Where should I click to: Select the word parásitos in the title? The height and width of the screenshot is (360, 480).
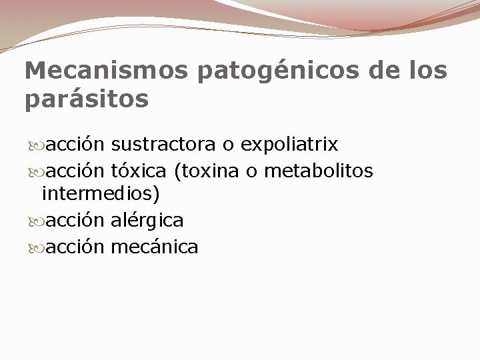[x=87, y=100]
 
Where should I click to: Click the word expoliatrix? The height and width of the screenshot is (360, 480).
[x=289, y=145]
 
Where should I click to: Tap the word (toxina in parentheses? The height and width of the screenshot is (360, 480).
[x=207, y=172]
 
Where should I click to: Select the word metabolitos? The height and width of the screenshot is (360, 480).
[x=319, y=171]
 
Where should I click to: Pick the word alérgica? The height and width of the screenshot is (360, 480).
[x=147, y=220]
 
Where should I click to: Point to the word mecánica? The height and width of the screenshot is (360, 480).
[x=155, y=247]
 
